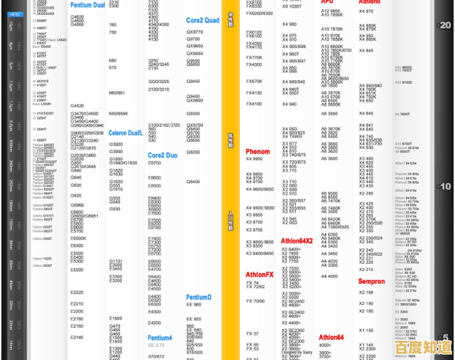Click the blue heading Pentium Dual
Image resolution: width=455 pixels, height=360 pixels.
click(88, 5)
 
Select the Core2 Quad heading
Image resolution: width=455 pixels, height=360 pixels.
click(203, 21)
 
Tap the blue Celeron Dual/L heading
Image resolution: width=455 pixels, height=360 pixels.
click(125, 133)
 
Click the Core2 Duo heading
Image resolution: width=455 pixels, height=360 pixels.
click(162, 156)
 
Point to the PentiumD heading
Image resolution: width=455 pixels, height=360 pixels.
click(199, 298)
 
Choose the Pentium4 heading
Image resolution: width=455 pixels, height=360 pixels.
click(160, 338)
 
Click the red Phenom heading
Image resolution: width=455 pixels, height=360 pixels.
click(258, 152)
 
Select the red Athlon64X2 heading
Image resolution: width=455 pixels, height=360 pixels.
click(297, 241)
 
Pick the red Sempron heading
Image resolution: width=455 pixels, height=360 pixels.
click(371, 281)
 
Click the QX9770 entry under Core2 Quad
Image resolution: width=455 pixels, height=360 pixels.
click(195, 32)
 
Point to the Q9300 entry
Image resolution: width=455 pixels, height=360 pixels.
click(193, 114)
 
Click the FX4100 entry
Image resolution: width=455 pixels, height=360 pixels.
click(254, 104)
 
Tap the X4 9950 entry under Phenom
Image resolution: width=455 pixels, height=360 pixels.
click(254, 159)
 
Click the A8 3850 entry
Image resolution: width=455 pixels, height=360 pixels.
click(330, 114)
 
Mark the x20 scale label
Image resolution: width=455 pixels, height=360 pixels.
click(444, 25)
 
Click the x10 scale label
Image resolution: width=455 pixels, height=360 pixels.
click(444, 187)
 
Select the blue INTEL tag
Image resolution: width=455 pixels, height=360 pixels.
click(16, 13)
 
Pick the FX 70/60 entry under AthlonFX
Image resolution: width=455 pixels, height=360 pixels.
click(256, 301)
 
